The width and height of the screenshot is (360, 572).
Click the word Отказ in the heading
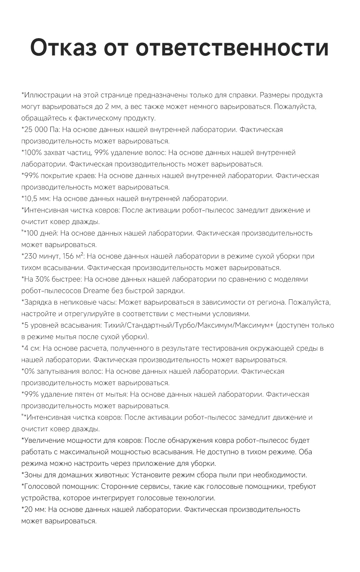[x=63, y=47]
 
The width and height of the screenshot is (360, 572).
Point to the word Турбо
[x=184, y=325]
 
